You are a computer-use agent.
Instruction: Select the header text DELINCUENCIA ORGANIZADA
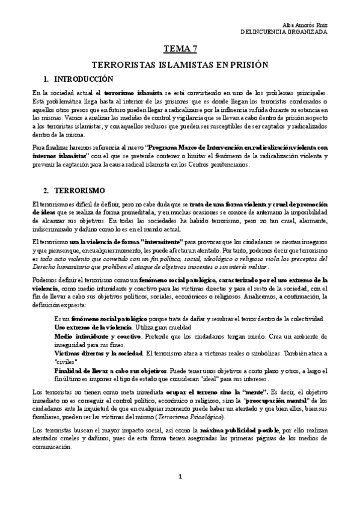284,31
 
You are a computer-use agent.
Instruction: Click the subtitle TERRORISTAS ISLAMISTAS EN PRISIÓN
179,64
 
